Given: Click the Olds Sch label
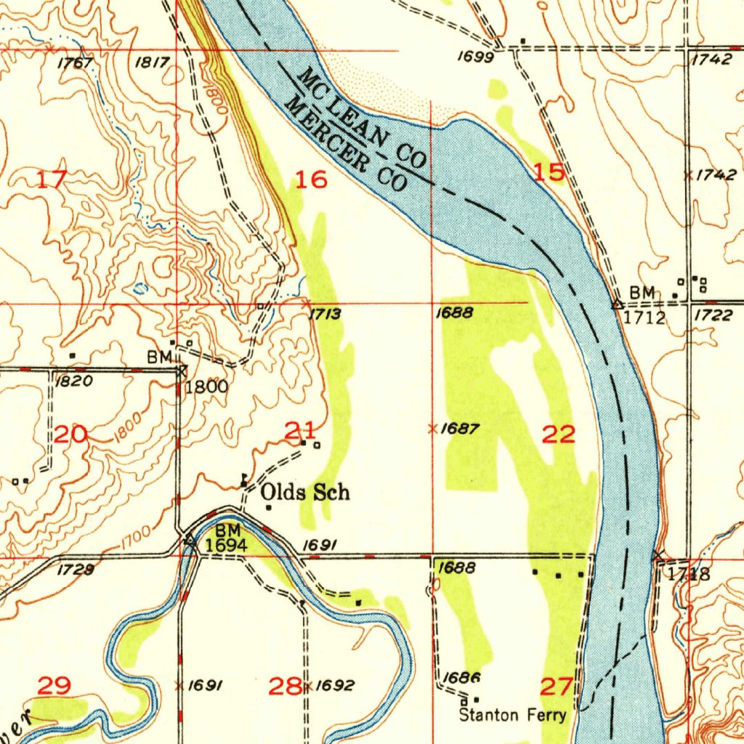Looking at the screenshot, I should coord(305,493).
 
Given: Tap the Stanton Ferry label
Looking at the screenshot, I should coord(512,715).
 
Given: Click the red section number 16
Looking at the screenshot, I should coord(312,179).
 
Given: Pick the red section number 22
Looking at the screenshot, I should coord(559,435).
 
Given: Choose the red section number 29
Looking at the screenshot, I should coord(54,685).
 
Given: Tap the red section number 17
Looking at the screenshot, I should coord(52,179).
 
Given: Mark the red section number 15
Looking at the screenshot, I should coord(549,172).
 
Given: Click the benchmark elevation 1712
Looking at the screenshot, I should coord(644,318).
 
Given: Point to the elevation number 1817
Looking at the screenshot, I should coord(152,63).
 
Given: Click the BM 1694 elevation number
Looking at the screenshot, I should coord(226,545).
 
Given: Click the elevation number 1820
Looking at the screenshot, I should coord(71,383).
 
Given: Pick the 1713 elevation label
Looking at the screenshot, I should coord(325,314).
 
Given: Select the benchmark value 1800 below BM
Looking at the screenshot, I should coord(206,387).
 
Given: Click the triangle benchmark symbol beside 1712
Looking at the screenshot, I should coord(617,304).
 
